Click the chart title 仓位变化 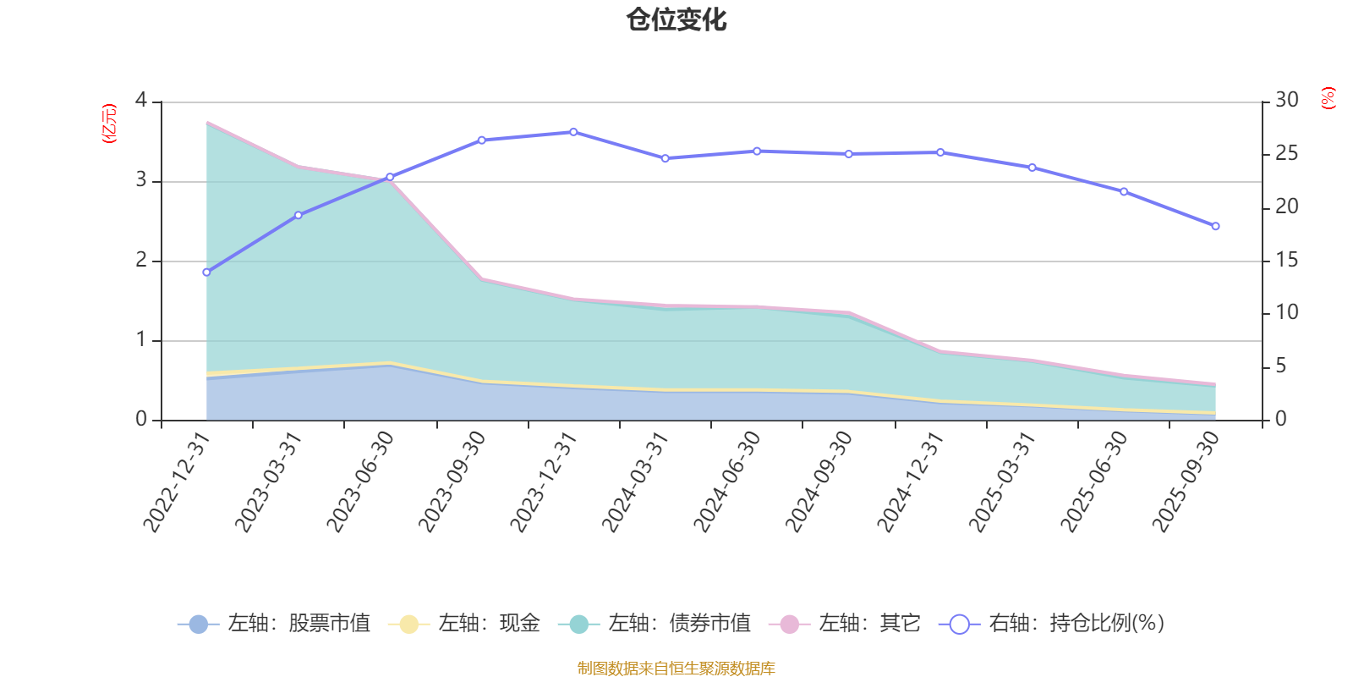pyautogui.click(x=676, y=19)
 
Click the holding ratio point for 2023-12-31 pyautogui.click(x=573, y=132)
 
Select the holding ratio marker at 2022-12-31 pyautogui.click(x=206, y=272)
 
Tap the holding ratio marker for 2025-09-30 pyautogui.click(x=1216, y=227)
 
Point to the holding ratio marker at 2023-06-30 pyautogui.click(x=390, y=178)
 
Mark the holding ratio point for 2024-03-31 pyautogui.click(x=665, y=158)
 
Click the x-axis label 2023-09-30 pyautogui.click(x=452, y=481)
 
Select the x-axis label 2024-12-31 pyautogui.click(x=911, y=481)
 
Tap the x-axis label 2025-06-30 pyautogui.click(x=1094, y=481)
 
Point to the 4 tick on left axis pyautogui.click(x=141, y=101)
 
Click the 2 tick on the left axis pyautogui.click(x=141, y=261)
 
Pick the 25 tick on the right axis pyautogui.click(x=1286, y=154)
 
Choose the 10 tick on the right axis pyautogui.click(x=1286, y=313)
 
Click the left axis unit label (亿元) pyautogui.click(x=109, y=124)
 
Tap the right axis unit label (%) pyautogui.click(x=1328, y=98)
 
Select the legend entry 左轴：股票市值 pyautogui.click(x=274, y=624)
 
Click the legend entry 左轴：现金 pyautogui.click(x=464, y=624)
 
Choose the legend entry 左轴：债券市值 pyautogui.click(x=655, y=624)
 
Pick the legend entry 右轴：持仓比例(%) pyautogui.click(x=1052, y=624)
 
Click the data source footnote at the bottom pyautogui.click(x=676, y=669)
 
